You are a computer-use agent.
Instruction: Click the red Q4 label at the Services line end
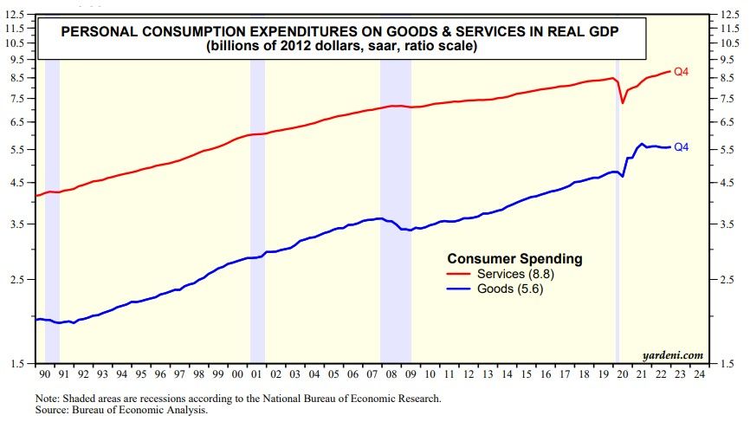click(x=681, y=71)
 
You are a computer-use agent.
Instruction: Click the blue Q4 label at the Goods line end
click(x=681, y=146)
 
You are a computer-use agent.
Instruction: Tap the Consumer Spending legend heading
click(x=514, y=258)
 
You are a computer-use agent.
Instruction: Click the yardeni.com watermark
click(x=672, y=354)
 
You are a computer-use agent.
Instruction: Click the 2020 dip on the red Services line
click(x=623, y=102)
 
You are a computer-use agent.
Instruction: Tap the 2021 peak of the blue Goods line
click(x=642, y=144)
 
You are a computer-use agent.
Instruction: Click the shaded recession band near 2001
click(x=257, y=217)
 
